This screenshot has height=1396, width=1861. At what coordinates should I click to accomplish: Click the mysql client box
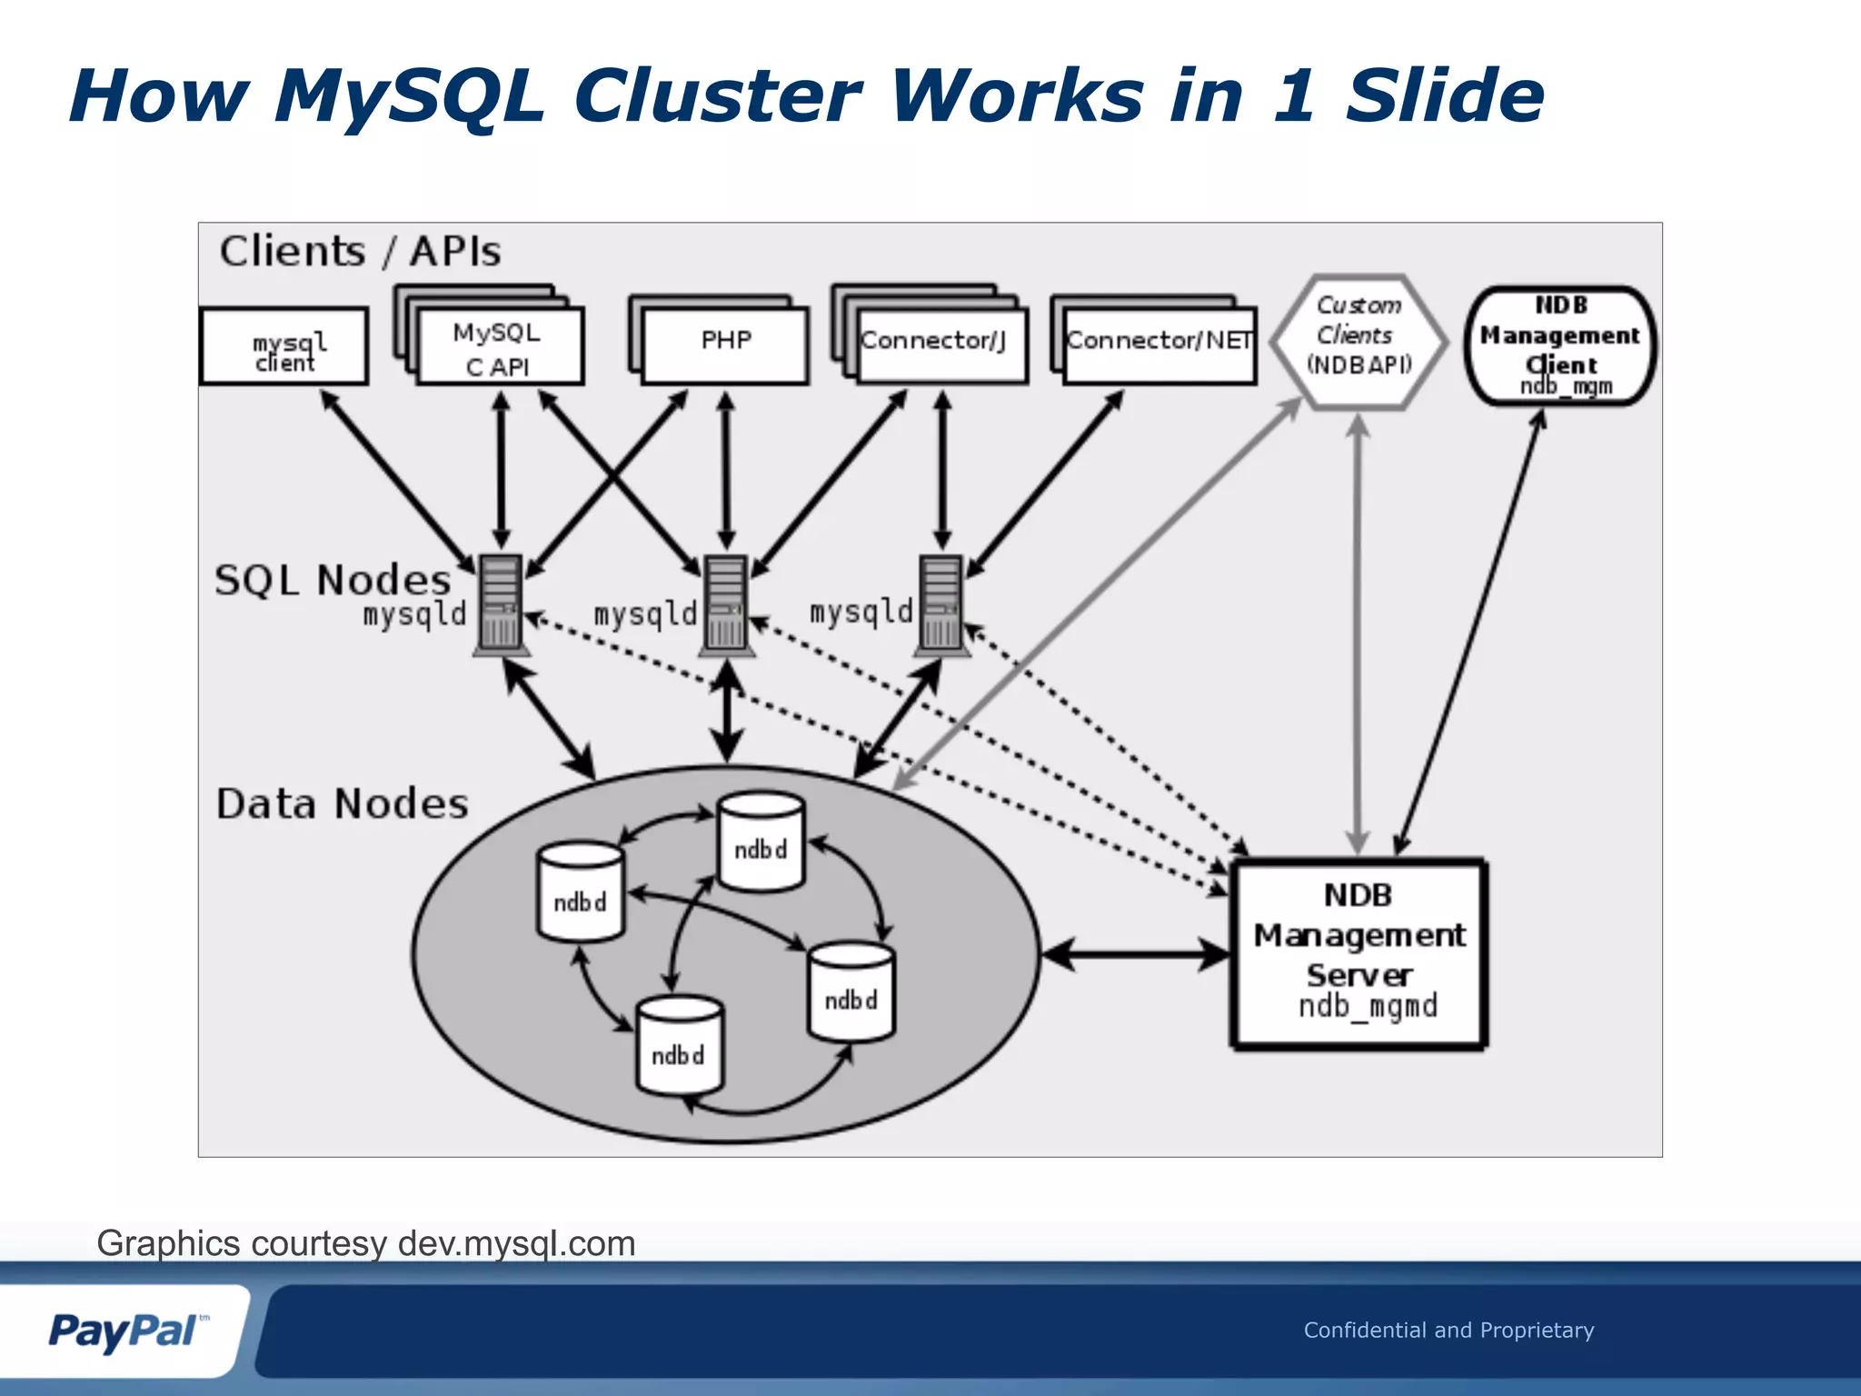pyautogui.click(x=284, y=347)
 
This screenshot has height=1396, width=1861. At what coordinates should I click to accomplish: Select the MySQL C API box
pyautogui.click(x=499, y=348)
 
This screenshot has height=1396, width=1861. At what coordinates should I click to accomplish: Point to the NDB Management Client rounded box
pyautogui.click(x=1559, y=346)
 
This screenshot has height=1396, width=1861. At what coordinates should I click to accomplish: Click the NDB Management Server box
pyautogui.click(x=1358, y=953)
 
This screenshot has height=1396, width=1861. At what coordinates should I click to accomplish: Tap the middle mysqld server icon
pyautogui.click(x=725, y=604)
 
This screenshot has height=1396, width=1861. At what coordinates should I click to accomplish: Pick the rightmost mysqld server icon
pyautogui.click(x=940, y=604)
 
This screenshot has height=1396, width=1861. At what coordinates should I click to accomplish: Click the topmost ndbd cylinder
pyautogui.click(x=760, y=842)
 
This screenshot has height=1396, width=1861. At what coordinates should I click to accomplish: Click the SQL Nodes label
pyautogui.click(x=333, y=580)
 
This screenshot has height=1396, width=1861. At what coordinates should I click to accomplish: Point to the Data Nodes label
pyautogui.click(x=343, y=804)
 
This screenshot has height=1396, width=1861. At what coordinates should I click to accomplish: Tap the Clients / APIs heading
pyautogui.click(x=360, y=251)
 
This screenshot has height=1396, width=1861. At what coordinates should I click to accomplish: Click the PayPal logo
pyautogui.click(x=125, y=1331)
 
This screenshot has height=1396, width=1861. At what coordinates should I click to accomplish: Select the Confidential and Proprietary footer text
pyautogui.click(x=1448, y=1331)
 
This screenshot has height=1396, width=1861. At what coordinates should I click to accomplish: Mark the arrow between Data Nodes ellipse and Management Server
pyautogui.click(x=1135, y=954)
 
